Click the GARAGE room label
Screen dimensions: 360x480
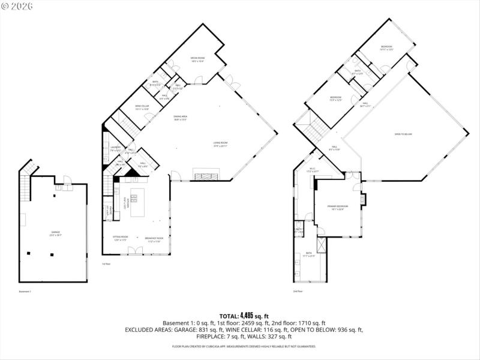click(x=56, y=233)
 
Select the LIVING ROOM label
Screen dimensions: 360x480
click(x=220, y=143)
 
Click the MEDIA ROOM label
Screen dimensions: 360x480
click(x=198, y=59)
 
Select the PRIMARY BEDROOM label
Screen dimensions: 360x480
click(x=339, y=208)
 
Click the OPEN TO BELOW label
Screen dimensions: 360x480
click(x=403, y=134)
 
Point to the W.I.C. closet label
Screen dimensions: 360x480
click(x=313, y=170)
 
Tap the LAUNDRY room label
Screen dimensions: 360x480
click(x=116, y=148)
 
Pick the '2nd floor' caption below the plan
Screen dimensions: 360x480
click(x=298, y=292)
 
